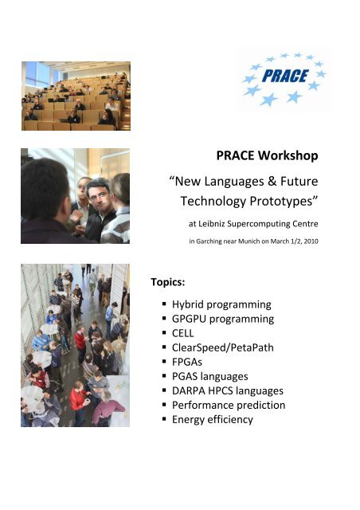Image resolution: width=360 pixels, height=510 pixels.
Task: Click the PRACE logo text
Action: [x=285, y=76]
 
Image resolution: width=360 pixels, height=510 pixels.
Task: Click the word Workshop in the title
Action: [x=288, y=155]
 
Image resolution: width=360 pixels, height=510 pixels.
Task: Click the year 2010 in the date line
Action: [x=311, y=241]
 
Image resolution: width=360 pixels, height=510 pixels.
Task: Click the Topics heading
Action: [x=168, y=282]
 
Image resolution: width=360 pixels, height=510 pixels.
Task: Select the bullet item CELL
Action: [x=182, y=333]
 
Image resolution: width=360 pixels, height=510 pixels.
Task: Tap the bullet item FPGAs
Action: [x=187, y=362]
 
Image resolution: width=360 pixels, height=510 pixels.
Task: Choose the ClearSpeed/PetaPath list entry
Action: [x=223, y=347]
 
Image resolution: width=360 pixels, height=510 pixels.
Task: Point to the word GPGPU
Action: [x=189, y=319]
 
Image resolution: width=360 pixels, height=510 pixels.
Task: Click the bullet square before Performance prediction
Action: [x=164, y=406]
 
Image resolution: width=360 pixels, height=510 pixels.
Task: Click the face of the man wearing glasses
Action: [x=100, y=196]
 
